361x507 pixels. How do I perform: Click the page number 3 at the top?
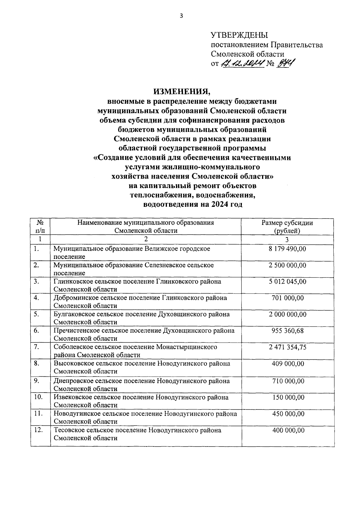click(181, 16)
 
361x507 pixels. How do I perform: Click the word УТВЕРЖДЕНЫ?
click(239, 35)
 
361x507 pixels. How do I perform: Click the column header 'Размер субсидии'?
click(287, 223)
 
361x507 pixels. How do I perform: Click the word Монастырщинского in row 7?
click(187, 347)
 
